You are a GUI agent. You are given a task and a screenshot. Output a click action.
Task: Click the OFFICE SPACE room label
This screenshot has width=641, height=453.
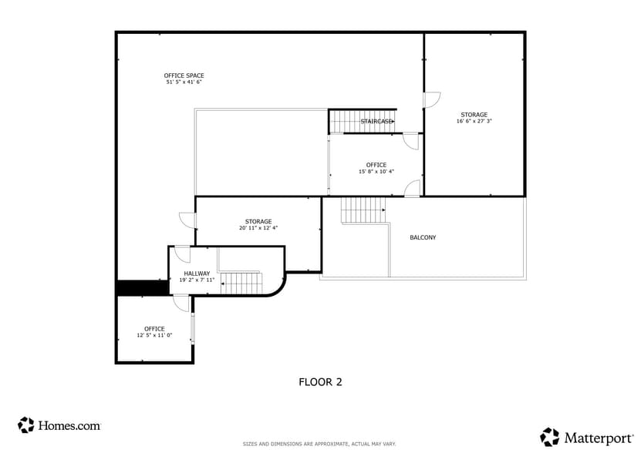coord(184,75)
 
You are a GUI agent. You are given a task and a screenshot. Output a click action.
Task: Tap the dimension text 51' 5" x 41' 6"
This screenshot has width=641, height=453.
coord(184,82)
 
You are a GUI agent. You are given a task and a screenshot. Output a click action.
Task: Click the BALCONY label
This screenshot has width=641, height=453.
coord(423,237)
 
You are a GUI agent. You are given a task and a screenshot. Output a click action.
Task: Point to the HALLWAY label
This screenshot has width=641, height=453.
coord(197,273)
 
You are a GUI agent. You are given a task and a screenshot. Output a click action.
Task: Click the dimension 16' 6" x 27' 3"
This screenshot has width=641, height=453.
coord(474,121)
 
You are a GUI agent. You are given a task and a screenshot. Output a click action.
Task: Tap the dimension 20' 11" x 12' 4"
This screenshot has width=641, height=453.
coord(258,228)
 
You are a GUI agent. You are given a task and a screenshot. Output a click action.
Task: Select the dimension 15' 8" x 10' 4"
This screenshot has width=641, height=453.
coord(376,171)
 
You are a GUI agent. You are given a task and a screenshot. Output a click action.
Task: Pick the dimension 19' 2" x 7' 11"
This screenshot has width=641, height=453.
coord(197,280)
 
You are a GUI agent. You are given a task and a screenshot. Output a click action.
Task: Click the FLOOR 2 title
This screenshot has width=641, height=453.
coord(320,381)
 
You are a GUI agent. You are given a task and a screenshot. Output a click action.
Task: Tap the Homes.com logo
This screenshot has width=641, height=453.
coord(59,424)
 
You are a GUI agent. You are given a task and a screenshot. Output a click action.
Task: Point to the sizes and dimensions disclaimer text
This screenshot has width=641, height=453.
coord(319,444)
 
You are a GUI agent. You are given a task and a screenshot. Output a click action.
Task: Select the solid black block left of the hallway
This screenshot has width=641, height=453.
coord(142,287)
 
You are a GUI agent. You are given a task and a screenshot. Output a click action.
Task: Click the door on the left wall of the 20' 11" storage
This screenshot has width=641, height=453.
coord(187,220)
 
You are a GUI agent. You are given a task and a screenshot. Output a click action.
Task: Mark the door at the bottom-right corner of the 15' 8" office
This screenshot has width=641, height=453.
coord(413,188)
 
